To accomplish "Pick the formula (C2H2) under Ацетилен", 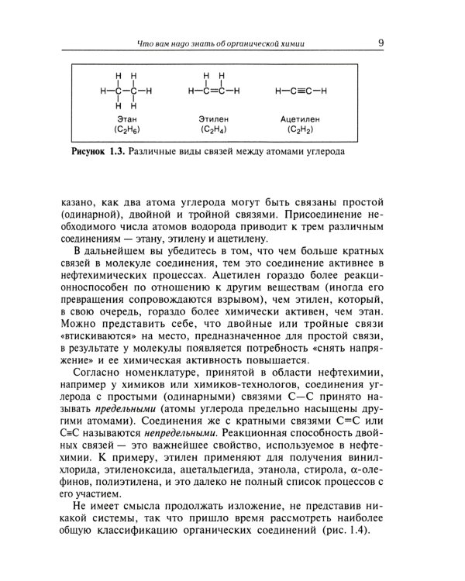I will (301, 130).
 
